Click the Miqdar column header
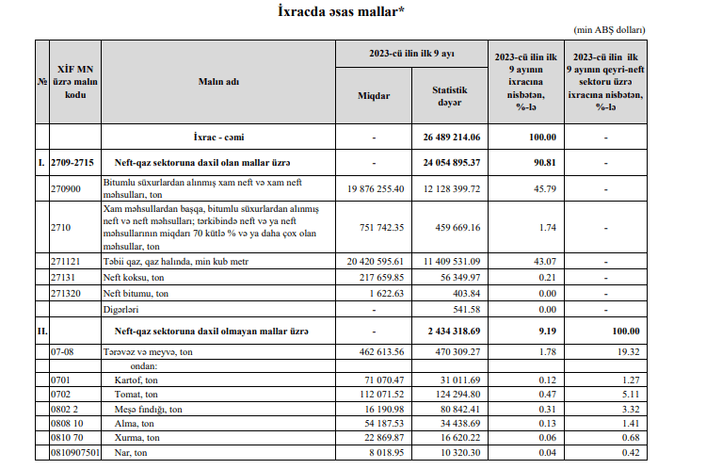pyautogui.click(x=374, y=96)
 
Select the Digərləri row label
pyautogui.click(x=121, y=308)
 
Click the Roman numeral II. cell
pyautogui.click(x=41, y=332)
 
